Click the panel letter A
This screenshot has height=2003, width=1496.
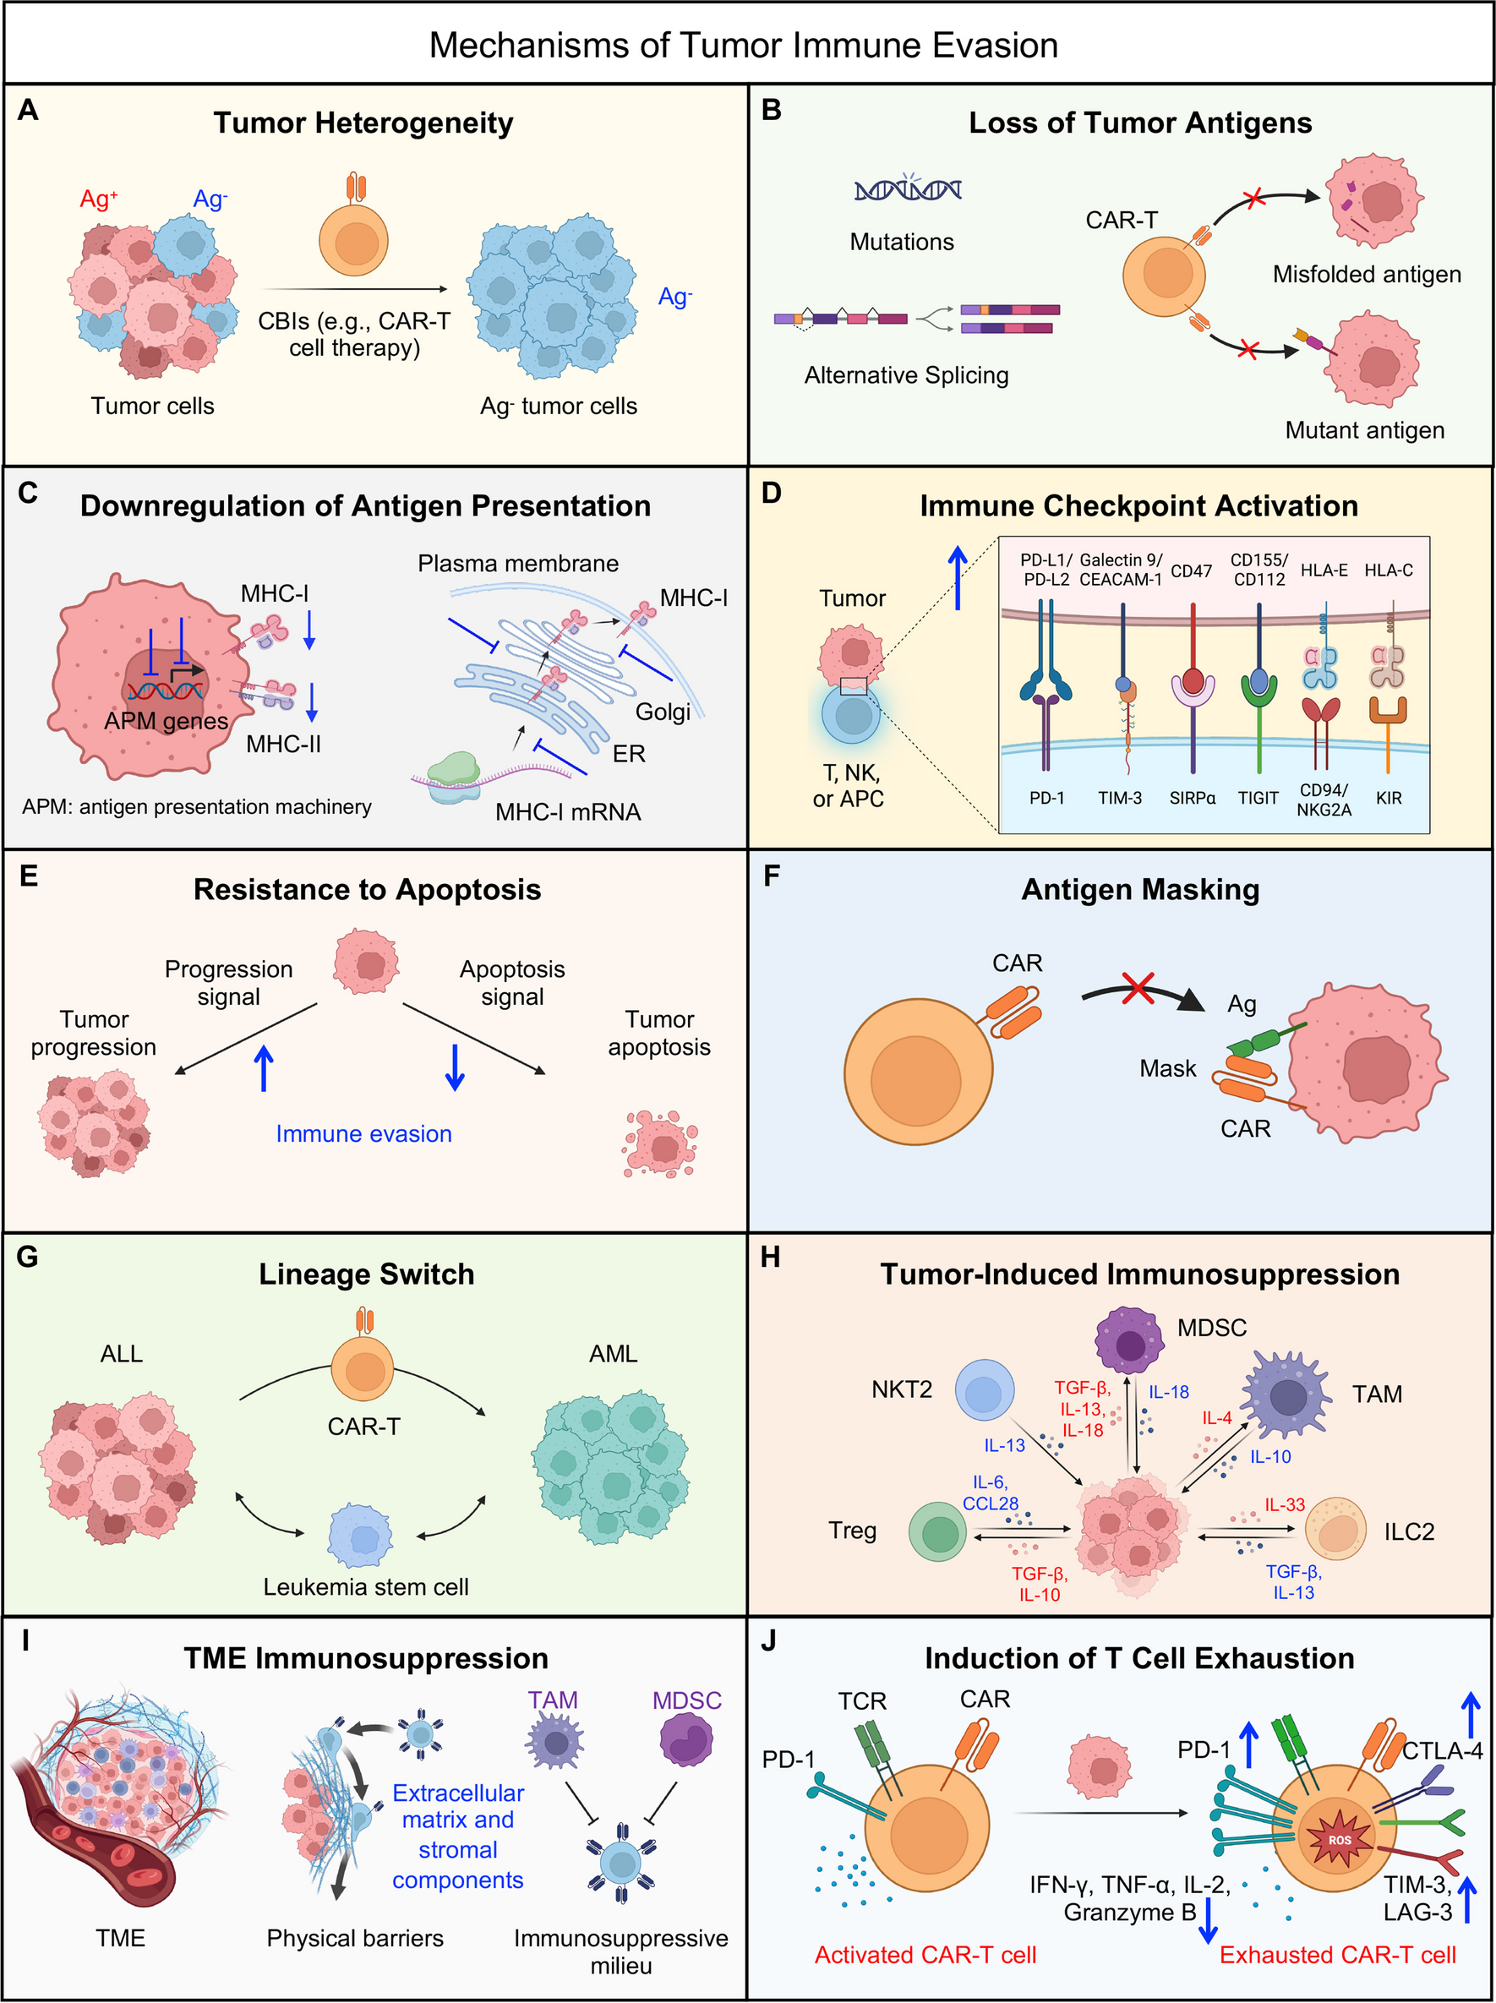point(28,111)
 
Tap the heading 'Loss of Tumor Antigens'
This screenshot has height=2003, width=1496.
point(1139,123)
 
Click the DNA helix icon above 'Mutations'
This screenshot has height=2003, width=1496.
point(908,189)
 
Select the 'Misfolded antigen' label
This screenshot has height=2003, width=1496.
point(1366,275)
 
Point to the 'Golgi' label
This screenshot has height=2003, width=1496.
point(663,712)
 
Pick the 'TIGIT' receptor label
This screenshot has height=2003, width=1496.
point(1258,798)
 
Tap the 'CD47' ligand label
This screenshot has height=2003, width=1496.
point(1191,570)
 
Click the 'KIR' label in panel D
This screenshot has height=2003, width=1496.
point(1388,798)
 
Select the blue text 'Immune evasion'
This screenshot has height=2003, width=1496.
point(363,1133)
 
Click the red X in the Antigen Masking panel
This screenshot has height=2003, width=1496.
point(1138,987)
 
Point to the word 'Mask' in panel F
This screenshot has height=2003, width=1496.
point(1167,1068)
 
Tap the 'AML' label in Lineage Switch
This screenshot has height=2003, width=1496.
point(613,1354)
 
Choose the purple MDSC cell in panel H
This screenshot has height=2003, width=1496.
point(1129,1341)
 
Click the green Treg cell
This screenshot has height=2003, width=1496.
point(939,1532)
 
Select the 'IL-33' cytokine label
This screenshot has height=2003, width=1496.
point(1284,1505)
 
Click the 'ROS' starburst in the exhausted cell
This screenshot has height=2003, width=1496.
point(1340,1840)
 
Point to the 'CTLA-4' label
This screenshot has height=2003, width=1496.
point(1442,1750)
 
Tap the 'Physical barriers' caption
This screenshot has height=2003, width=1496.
point(355,1938)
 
